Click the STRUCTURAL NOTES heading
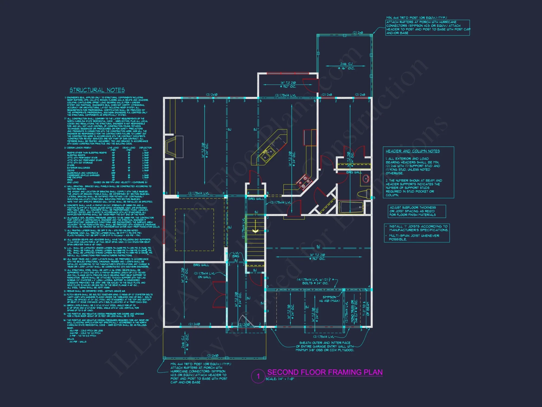97,90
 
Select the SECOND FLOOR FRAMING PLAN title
325,372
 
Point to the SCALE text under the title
280,379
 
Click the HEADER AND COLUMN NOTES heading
412,151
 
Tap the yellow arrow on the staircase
255,231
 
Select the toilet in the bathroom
363,194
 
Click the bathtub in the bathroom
351,208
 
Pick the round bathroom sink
366,179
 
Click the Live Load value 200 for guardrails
113,173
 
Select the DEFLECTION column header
145,148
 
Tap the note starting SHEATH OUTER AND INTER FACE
325,346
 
